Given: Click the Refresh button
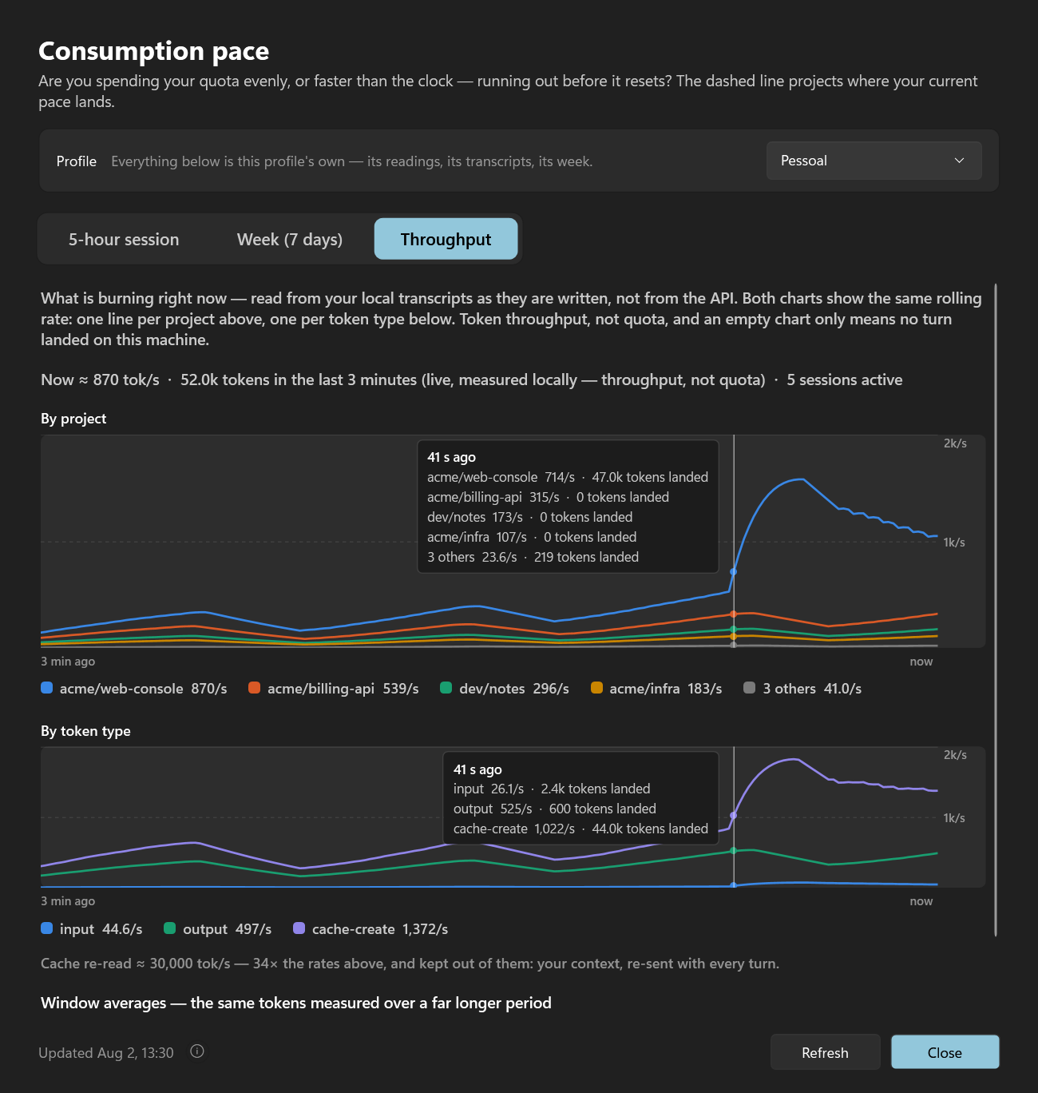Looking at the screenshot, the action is [825, 1052].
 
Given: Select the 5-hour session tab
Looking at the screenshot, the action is [123, 239].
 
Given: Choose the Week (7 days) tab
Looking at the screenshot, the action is [290, 239].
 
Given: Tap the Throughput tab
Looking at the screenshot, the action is [446, 239].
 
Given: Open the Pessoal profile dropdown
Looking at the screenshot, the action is [874, 161].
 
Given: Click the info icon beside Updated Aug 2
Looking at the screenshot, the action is [197, 1051].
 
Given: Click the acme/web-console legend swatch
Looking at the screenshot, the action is [46, 688].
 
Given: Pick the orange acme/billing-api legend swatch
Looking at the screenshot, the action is [255, 688].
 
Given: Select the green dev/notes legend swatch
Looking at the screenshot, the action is [446, 688].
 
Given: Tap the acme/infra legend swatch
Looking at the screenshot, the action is [596, 688].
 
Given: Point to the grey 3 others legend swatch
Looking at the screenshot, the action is [749, 688].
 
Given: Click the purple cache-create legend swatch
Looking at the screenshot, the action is [299, 928].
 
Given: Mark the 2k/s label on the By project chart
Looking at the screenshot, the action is [955, 443].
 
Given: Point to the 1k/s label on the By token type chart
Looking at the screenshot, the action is [953, 818].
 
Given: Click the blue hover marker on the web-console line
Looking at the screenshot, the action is [734, 571].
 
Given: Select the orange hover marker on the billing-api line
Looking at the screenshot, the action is [734, 614].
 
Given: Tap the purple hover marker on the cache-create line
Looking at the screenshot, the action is [734, 815].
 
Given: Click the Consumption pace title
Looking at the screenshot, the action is [154, 51].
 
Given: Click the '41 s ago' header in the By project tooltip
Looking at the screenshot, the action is [451, 457].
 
